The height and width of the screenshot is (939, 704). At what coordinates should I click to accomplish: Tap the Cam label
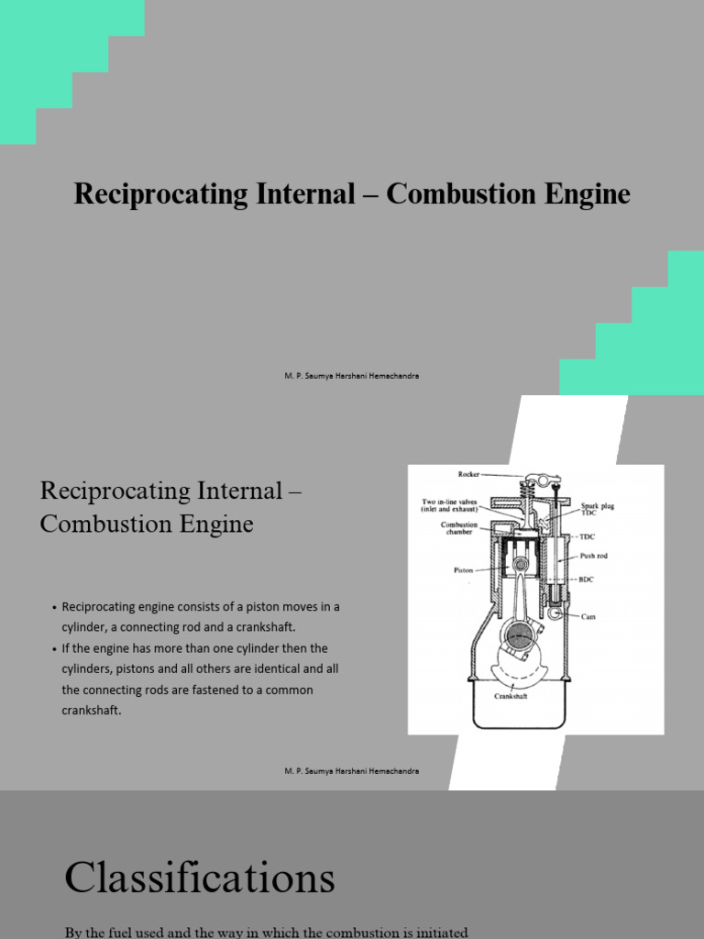[x=588, y=616]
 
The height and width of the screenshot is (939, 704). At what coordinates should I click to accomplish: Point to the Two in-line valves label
[x=450, y=505]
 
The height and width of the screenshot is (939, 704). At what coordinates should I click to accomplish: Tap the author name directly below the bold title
[x=351, y=377]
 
